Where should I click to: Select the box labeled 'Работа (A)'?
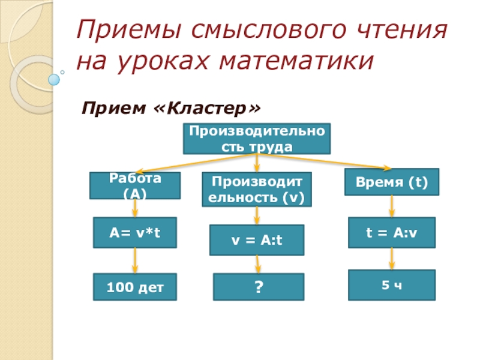(x=135, y=185)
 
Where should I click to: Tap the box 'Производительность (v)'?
(x=257, y=190)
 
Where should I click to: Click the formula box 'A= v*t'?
(x=134, y=232)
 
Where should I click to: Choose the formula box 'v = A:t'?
(x=257, y=240)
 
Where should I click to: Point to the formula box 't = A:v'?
(x=392, y=232)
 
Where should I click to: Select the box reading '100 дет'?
(x=134, y=287)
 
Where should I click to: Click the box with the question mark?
(x=259, y=287)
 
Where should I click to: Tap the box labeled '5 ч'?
(x=392, y=284)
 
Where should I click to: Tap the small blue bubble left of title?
(x=55, y=79)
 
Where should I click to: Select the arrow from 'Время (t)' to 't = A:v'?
(x=392, y=206)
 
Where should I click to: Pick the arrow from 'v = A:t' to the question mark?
(x=258, y=264)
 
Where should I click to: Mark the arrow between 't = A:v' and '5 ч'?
(x=392, y=259)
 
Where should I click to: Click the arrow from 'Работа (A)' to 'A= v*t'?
(x=136, y=208)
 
